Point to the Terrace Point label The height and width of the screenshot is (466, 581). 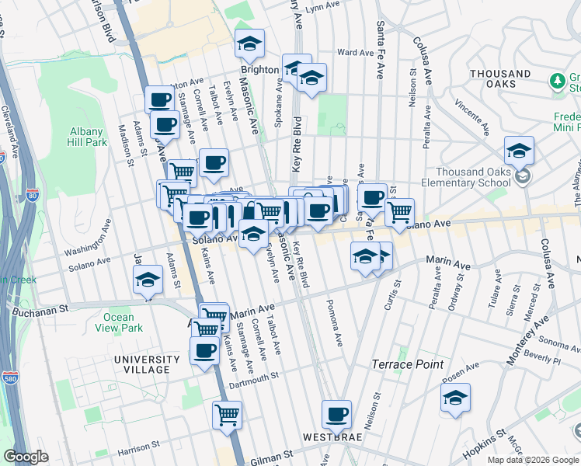408,364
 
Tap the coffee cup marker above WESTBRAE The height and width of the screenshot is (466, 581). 336,415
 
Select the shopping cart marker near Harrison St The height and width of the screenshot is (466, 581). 227,415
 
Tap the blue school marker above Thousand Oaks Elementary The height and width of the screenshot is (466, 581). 519,150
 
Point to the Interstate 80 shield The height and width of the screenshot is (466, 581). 31,194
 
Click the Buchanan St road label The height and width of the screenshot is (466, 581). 40,311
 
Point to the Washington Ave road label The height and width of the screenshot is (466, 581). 89,252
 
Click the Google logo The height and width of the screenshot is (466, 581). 27,457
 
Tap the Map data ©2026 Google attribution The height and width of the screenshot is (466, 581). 532,460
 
